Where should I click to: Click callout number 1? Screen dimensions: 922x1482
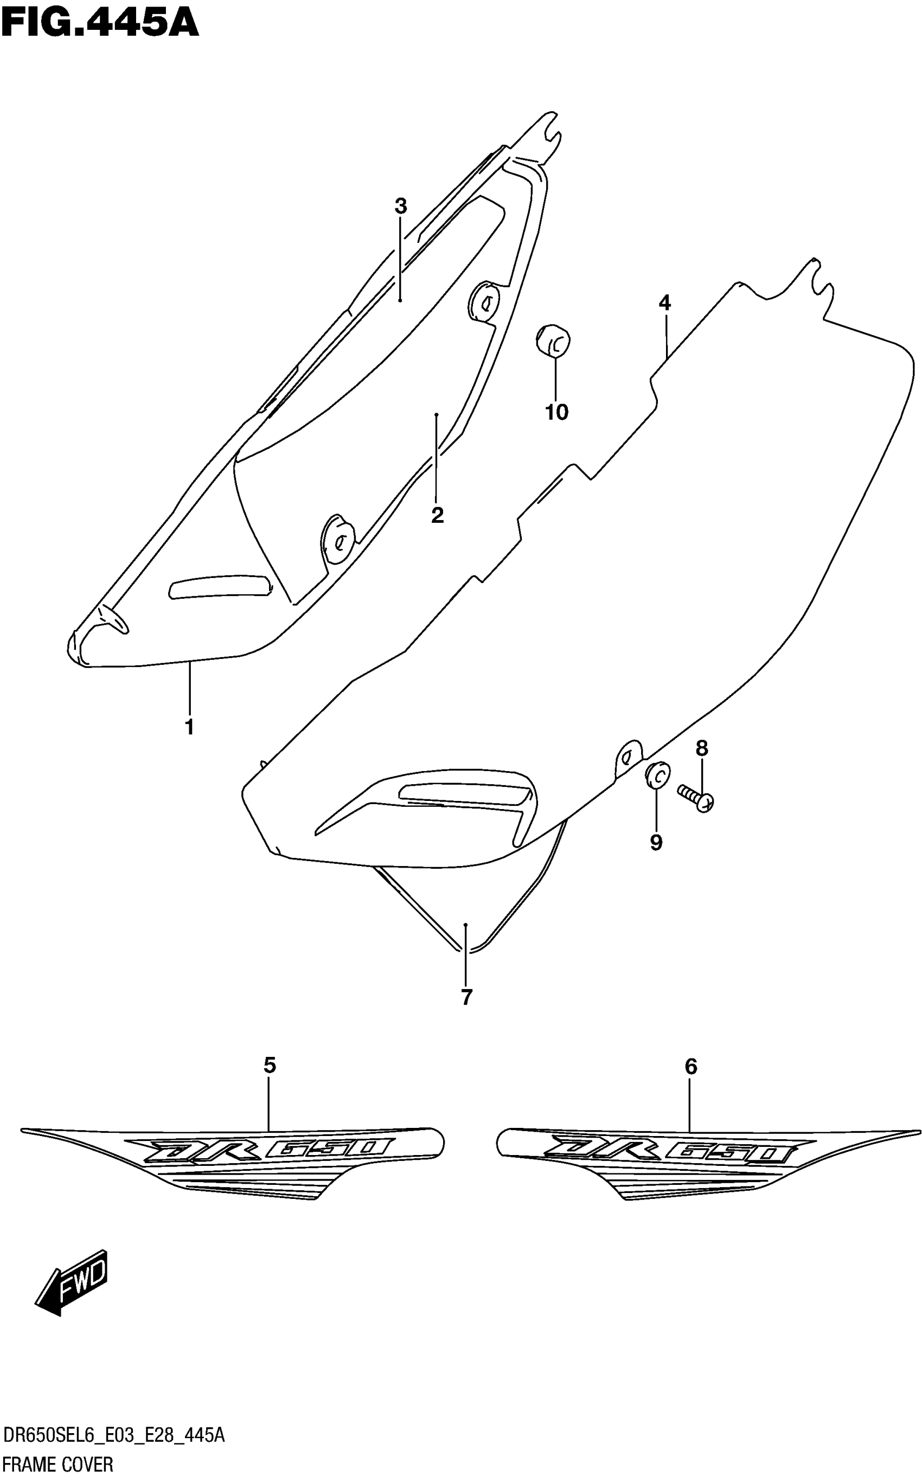click(190, 727)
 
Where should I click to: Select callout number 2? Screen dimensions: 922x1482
click(437, 515)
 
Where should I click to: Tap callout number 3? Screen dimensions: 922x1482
click(401, 207)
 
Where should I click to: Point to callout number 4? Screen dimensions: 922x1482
click(665, 303)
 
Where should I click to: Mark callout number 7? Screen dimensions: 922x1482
click(466, 997)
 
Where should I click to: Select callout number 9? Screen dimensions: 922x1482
click(656, 843)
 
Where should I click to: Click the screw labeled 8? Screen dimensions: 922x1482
click(696, 797)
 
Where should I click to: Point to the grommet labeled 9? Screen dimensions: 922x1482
click(657, 775)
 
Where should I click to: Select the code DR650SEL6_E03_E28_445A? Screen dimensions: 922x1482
click(113, 1436)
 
